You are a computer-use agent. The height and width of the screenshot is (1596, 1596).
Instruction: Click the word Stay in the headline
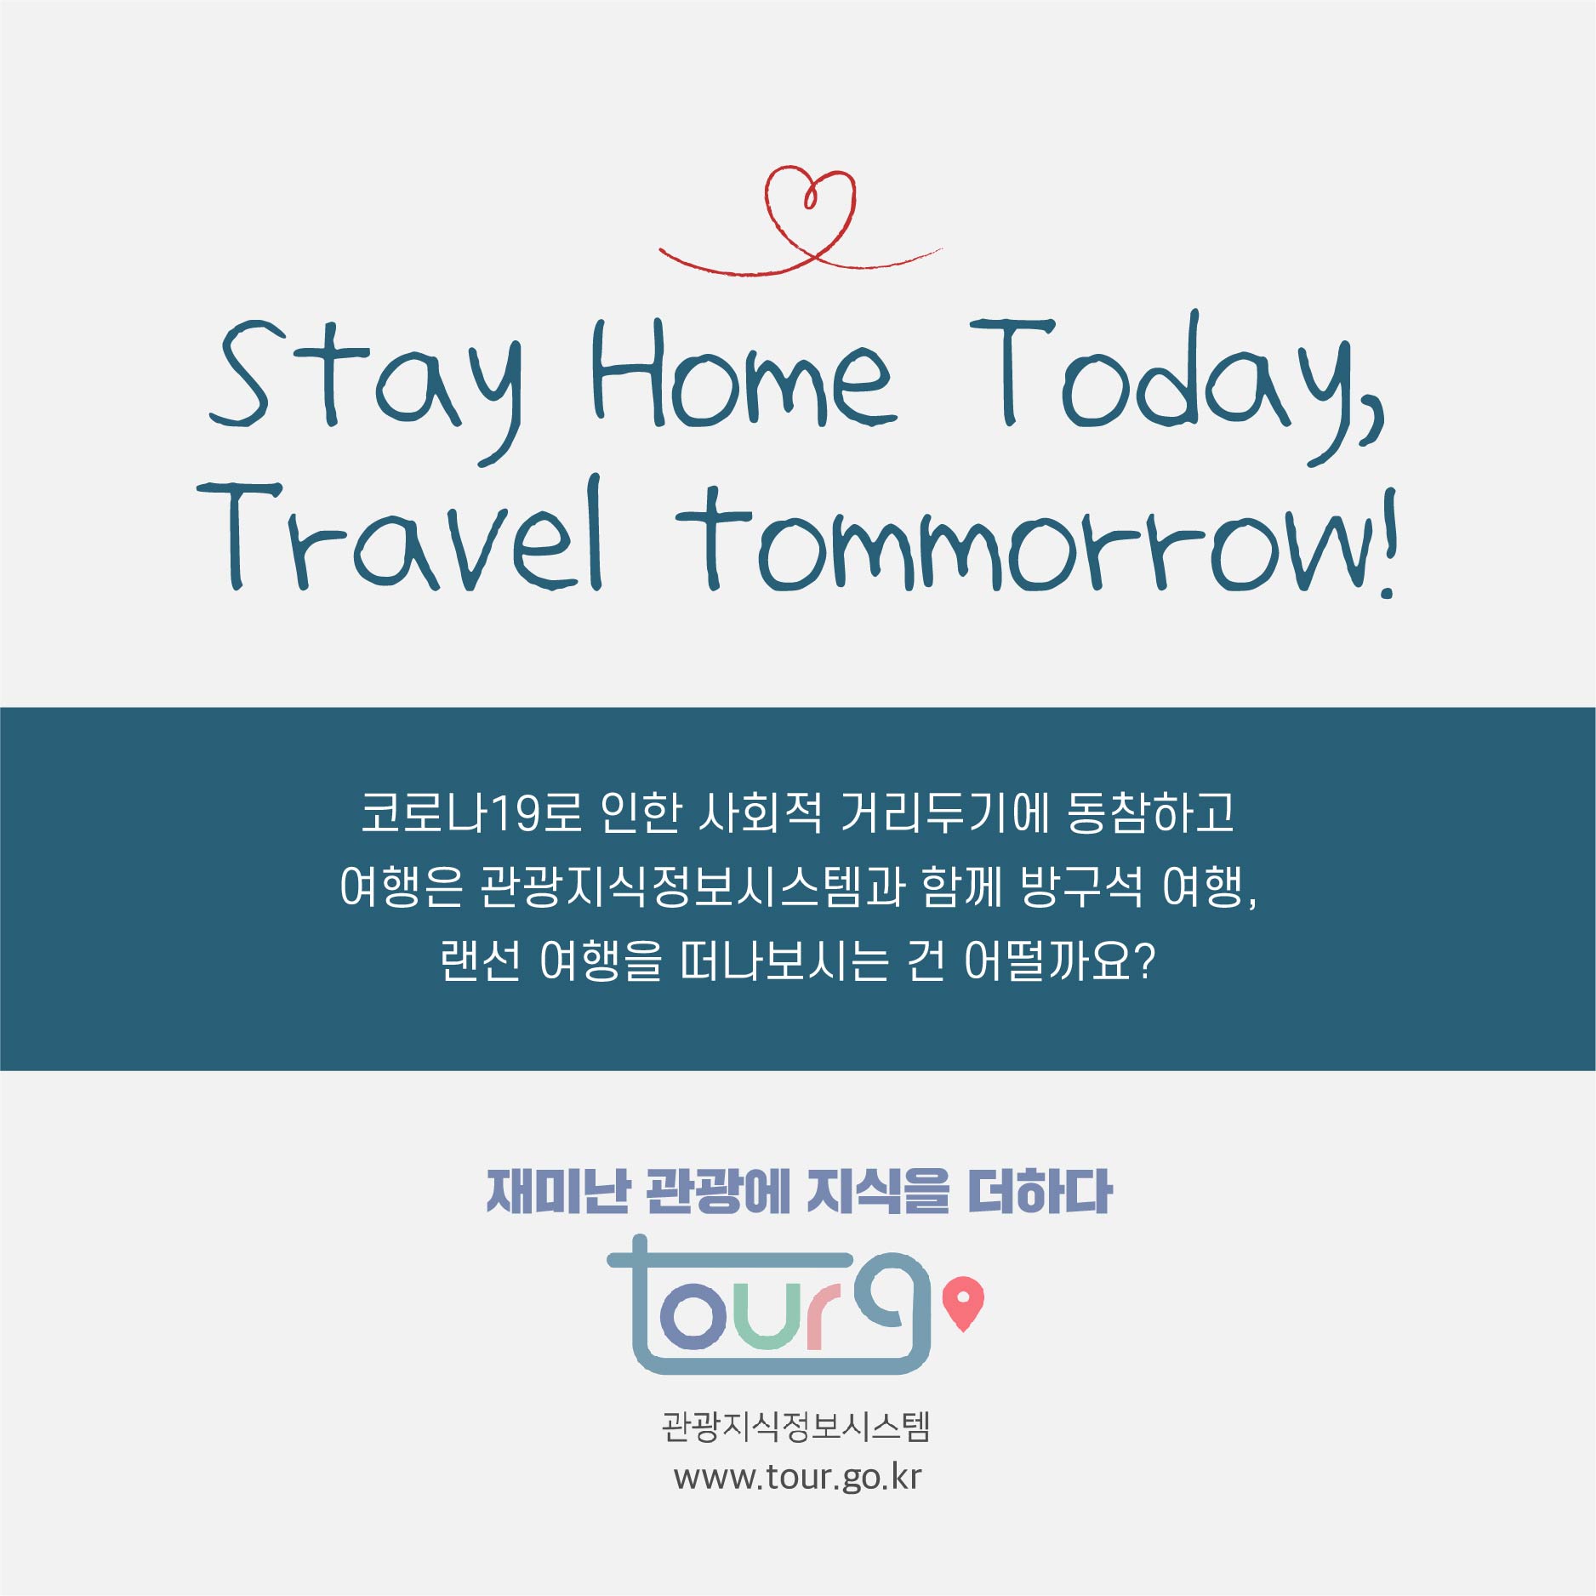pyautogui.click(x=366, y=383)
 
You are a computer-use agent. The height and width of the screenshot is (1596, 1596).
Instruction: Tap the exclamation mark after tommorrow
pyautogui.click(x=1388, y=544)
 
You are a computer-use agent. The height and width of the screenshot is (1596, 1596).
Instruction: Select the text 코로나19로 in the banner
pyautogui.click(x=471, y=813)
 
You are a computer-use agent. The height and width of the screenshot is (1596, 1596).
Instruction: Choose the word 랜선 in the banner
pyautogui.click(x=480, y=961)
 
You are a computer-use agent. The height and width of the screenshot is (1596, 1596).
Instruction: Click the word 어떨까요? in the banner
pyautogui.click(x=1059, y=961)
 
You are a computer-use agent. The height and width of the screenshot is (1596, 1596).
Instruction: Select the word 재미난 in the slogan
pyautogui.click(x=557, y=1191)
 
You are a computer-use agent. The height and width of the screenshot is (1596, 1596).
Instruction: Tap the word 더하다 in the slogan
pyautogui.click(x=1040, y=1191)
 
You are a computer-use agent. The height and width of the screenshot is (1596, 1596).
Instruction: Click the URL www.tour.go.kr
pyautogui.click(x=797, y=1477)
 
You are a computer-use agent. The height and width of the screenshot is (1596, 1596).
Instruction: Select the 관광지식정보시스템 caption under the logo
pyautogui.click(x=796, y=1427)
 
